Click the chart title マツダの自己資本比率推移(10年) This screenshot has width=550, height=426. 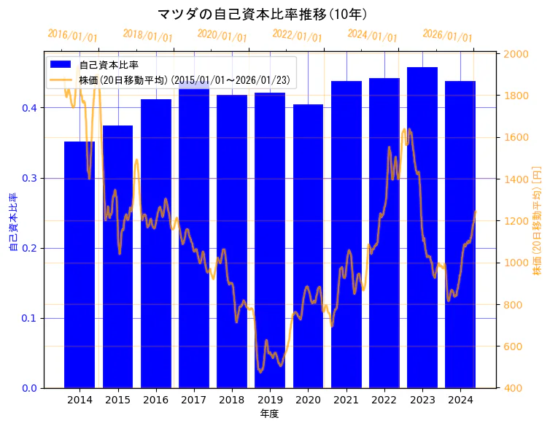click(262, 14)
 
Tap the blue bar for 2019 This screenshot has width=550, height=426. click(270, 241)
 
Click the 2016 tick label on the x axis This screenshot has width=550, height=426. click(155, 400)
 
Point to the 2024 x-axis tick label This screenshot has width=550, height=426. click(460, 400)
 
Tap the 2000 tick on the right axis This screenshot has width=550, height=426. click(516, 54)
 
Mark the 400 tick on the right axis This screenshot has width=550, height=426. click(514, 388)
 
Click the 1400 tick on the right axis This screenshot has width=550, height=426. click(516, 179)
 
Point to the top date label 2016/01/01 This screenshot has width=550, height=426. click(72, 36)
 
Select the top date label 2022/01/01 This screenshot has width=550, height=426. click(297, 36)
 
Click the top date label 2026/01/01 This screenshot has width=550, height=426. click(447, 36)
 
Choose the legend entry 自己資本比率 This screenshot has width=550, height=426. click(109, 65)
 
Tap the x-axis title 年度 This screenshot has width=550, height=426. click(269, 414)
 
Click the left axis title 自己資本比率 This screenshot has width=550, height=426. click(12, 222)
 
